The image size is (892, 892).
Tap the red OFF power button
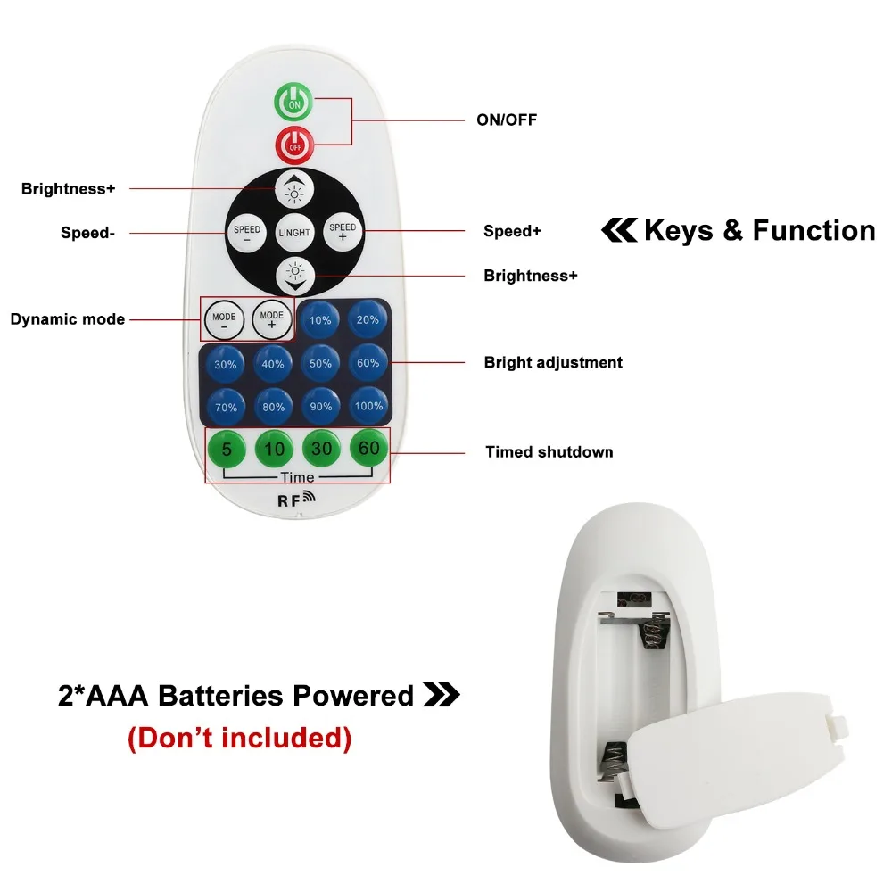pyautogui.click(x=294, y=145)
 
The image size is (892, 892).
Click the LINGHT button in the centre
pyautogui.click(x=294, y=232)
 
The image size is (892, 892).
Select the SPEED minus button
pyautogui.click(x=247, y=233)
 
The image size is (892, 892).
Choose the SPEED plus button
pyautogui.click(x=343, y=231)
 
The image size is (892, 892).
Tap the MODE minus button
pyautogui.click(x=224, y=320)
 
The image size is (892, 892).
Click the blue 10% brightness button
pyautogui.click(x=319, y=319)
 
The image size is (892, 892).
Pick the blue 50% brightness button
pyautogui.click(x=320, y=363)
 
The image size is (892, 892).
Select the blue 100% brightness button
pyautogui.click(x=368, y=406)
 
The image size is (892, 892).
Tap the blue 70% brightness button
pyautogui.click(x=226, y=408)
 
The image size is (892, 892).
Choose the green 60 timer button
pyautogui.click(x=368, y=449)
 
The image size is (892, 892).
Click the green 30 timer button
pyautogui.click(x=321, y=449)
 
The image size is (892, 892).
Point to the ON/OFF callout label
pyautogui.click(x=507, y=120)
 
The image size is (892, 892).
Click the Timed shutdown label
pyautogui.click(x=549, y=452)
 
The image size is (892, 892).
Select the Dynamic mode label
pyautogui.click(x=68, y=319)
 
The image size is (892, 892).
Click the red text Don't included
pyautogui.click(x=239, y=738)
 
